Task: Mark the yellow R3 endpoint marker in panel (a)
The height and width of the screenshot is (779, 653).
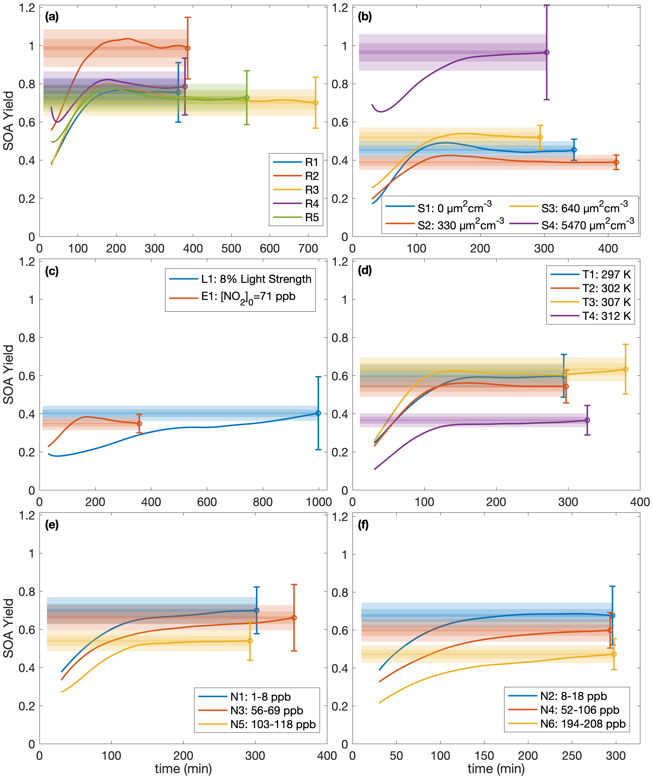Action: (x=315, y=103)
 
